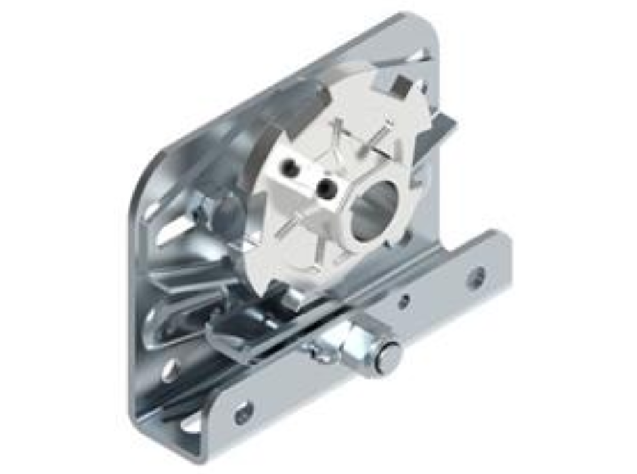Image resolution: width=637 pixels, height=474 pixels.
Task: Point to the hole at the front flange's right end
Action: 476,278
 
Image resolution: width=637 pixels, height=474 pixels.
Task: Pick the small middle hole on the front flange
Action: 403,303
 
